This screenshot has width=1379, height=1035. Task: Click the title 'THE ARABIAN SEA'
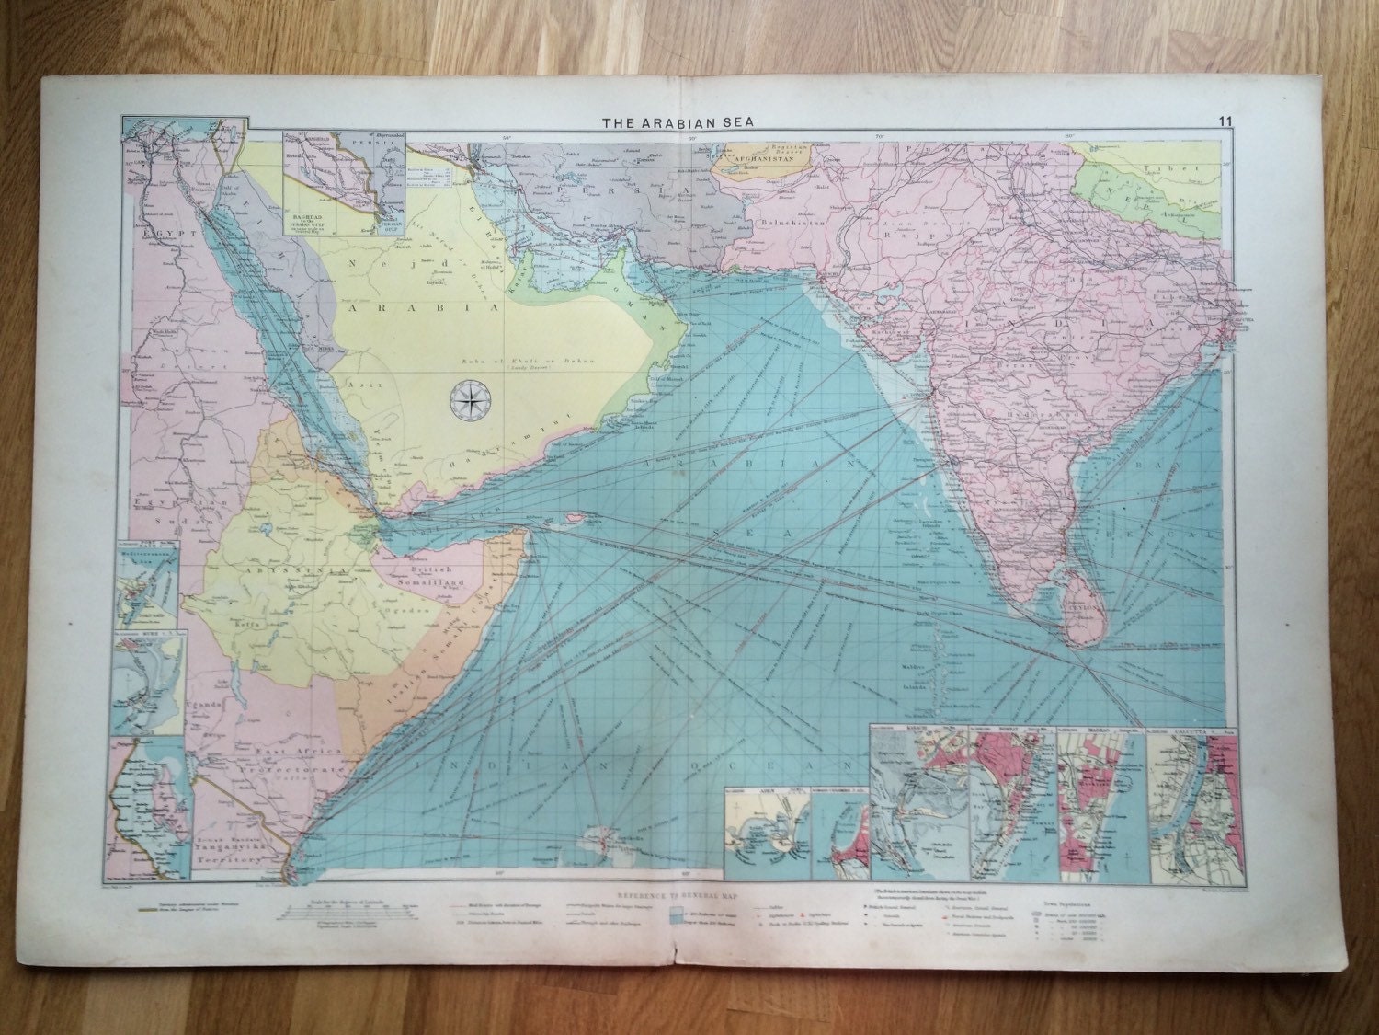pos(680,121)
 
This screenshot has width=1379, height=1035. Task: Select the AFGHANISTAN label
pos(763,180)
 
